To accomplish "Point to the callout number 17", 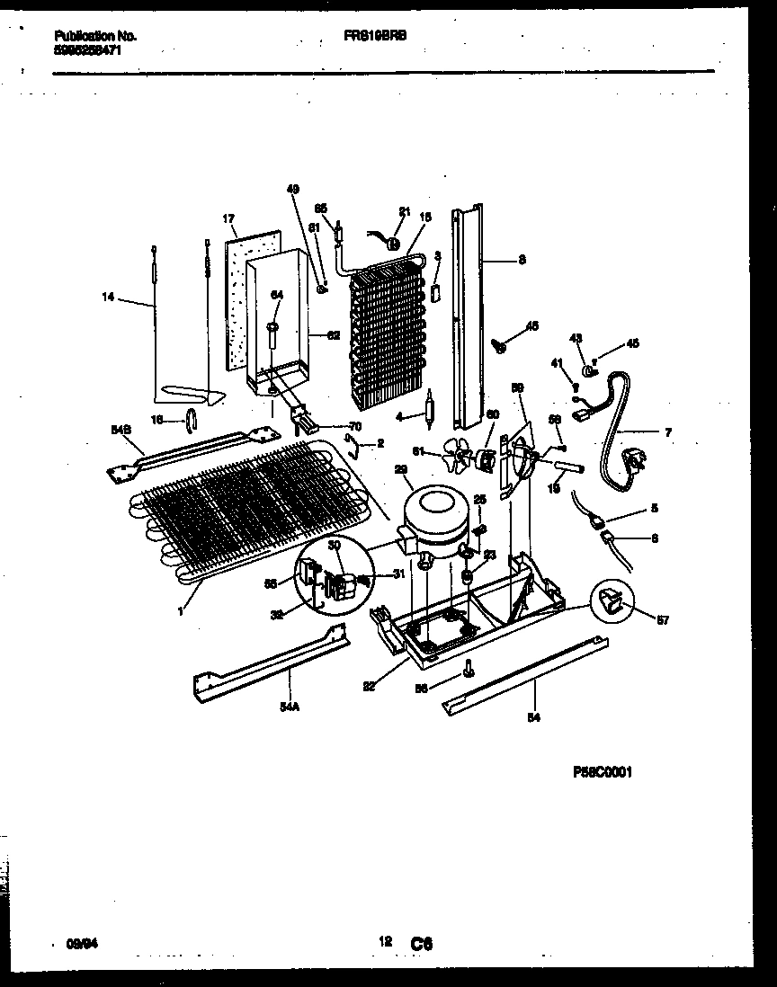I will pyautogui.click(x=228, y=218).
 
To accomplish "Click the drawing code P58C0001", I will pyautogui.click(x=602, y=771).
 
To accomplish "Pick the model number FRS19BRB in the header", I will pyautogui.click(x=375, y=37).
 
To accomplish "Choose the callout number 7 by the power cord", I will pyautogui.click(x=667, y=432).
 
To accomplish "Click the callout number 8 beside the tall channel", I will pyautogui.click(x=522, y=262).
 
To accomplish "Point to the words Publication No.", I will pyautogui.click(x=94, y=37).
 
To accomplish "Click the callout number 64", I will pyautogui.click(x=276, y=295).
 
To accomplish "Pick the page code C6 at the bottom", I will pyautogui.click(x=422, y=944).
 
